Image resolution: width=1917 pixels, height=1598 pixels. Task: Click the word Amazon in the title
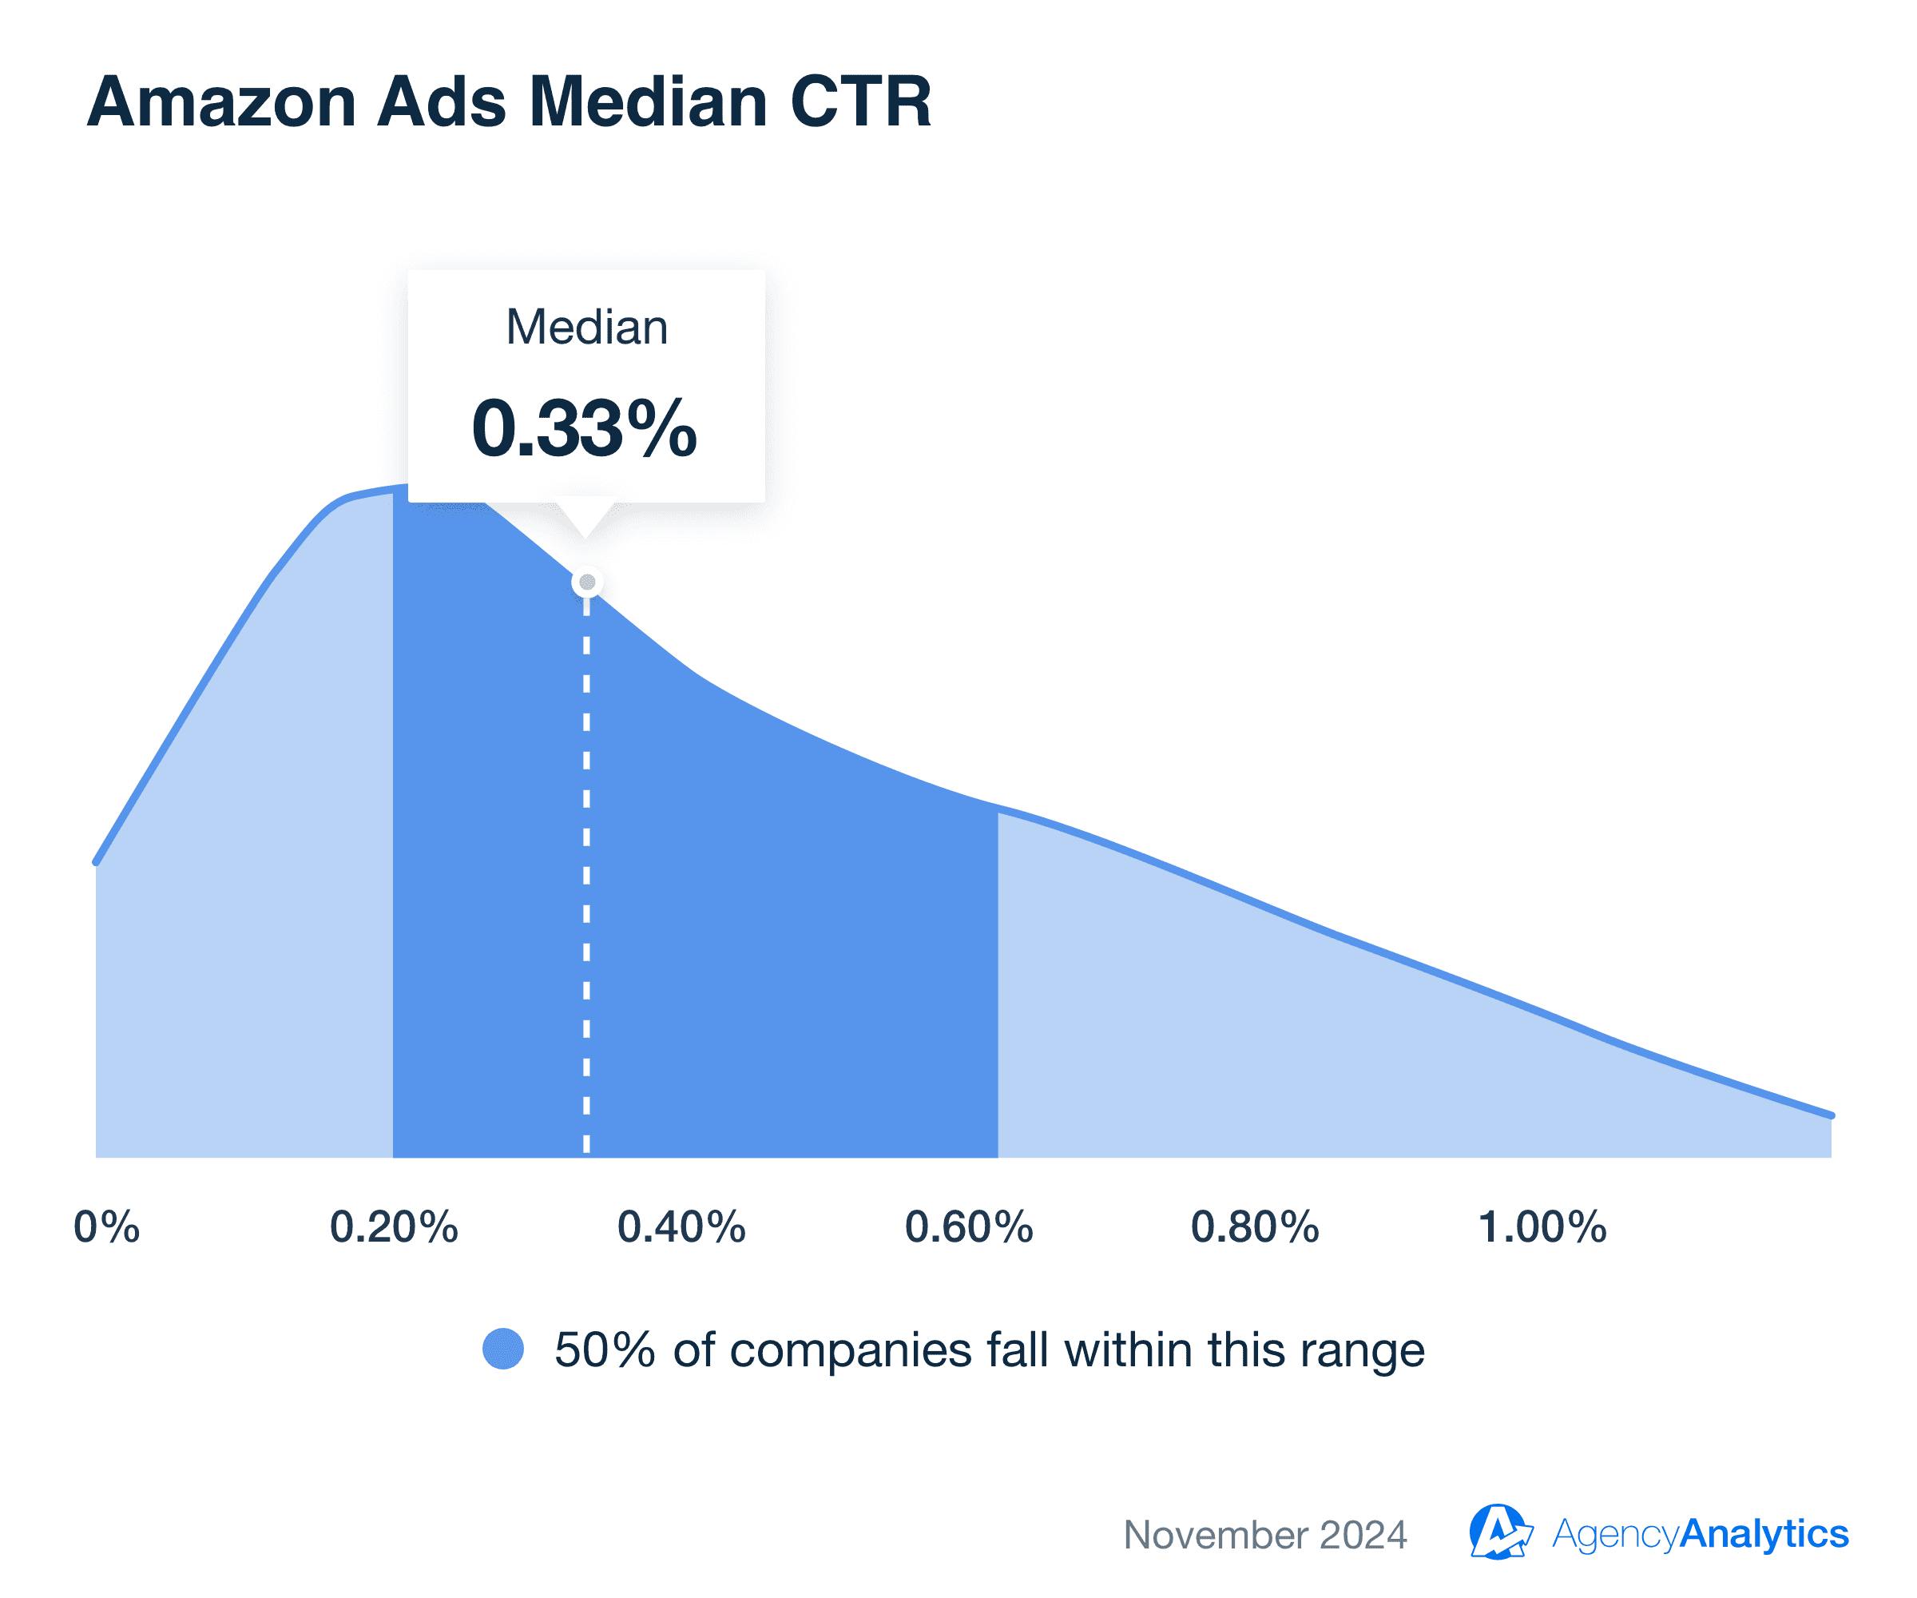click(x=221, y=102)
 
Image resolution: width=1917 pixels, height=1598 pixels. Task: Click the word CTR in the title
click(x=860, y=102)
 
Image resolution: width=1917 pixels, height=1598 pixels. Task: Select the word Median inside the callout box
click(x=587, y=327)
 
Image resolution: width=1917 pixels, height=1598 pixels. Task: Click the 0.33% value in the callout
click(x=584, y=427)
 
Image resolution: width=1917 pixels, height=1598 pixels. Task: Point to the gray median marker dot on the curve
click(x=587, y=582)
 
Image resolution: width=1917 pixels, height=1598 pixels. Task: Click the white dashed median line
click(x=586, y=868)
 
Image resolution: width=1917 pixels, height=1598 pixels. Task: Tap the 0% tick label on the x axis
click(x=107, y=1226)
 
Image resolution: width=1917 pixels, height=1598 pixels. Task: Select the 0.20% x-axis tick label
click(x=394, y=1226)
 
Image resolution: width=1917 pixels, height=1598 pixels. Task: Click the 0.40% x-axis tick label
click(x=681, y=1226)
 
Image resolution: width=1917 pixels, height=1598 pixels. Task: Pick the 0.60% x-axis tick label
click(x=969, y=1226)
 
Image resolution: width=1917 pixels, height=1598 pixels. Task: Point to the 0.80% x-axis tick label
click(x=1255, y=1226)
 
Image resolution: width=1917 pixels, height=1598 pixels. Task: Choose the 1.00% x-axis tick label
click(x=1542, y=1226)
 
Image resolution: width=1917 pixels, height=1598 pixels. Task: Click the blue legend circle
click(x=503, y=1349)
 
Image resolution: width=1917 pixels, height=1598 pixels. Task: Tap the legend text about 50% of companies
click(x=989, y=1350)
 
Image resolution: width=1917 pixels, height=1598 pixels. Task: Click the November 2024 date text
click(x=1265, y=1534)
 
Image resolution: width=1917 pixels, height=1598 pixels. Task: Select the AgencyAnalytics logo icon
click(x=1499, y=1532)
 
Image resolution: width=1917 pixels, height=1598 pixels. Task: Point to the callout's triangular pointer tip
click(x=585, y=535)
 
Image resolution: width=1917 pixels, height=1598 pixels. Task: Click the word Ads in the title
click(x=442, y=102)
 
